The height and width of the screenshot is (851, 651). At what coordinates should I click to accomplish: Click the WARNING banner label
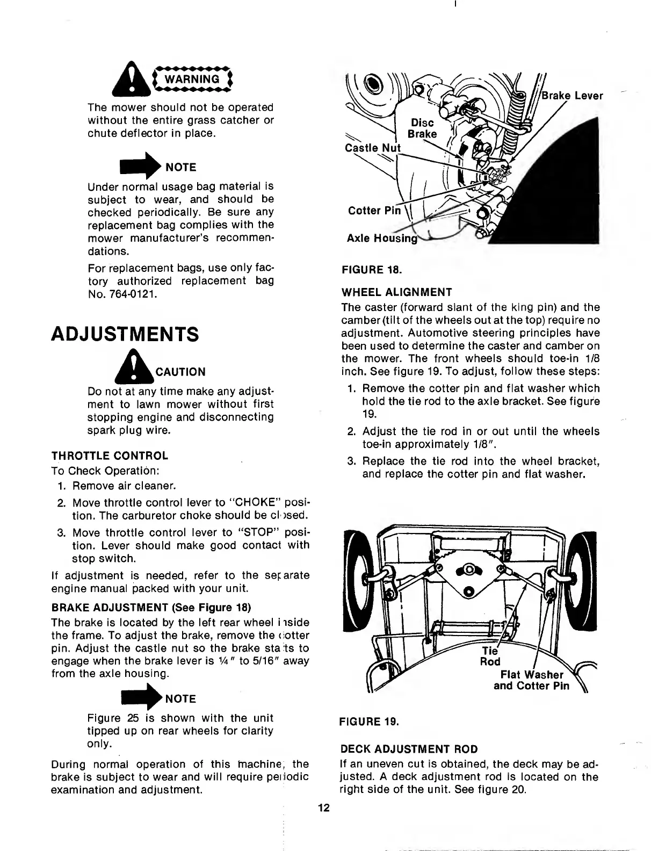pos(192,79)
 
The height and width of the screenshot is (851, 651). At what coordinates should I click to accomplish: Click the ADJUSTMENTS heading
pos(125,334)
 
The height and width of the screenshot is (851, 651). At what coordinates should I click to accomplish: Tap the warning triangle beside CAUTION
pos(138,365)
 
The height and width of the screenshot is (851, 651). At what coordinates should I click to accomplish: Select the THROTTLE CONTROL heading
pos(110,456)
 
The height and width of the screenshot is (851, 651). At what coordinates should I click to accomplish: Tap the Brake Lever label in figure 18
pos(572,96)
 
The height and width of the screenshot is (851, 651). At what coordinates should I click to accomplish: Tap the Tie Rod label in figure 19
pos(489,655)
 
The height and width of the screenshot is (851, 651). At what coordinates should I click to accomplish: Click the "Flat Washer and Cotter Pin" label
pos(531,680)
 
